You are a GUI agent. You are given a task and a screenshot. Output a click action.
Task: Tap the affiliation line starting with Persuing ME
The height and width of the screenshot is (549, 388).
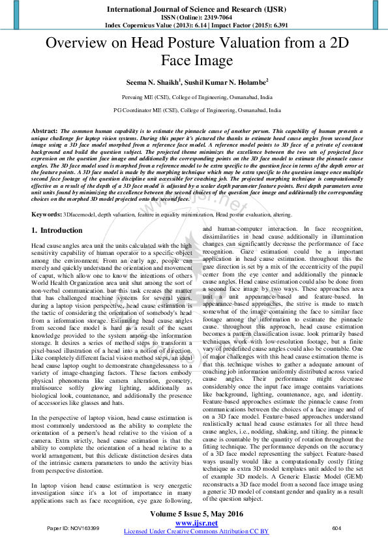(x=194, y=96)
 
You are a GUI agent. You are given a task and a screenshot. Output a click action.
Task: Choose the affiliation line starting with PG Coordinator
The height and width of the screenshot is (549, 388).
(x=194, y=111)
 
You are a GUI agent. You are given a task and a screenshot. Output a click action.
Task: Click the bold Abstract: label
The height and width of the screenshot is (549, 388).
(x=44, y=131)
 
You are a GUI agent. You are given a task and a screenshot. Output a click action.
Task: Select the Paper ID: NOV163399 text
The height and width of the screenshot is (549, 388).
(x=73, y=545)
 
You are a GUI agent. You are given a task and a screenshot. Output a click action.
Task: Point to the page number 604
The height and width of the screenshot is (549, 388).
(x=336, y=545)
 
